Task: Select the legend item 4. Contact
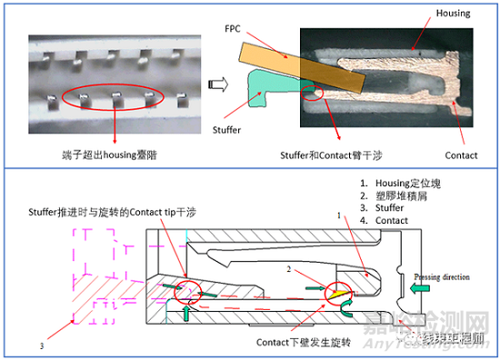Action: click(x=385, y=221)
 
